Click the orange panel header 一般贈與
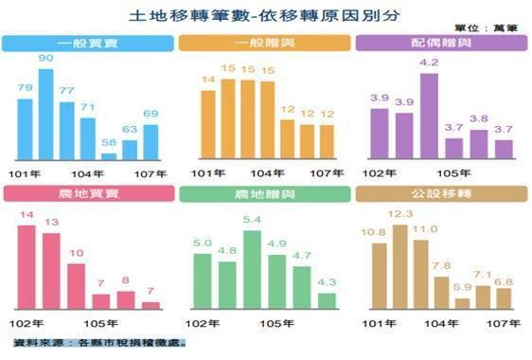pyautogui.click(x=263, y=44)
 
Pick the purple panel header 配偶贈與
pyautogui.click(x=440, y=44)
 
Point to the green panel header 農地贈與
pyautogui.click(x=263, y=193)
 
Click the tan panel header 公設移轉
pyautogui.click(x=440, y=193)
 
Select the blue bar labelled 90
pyautogui.click(x=45, y=115)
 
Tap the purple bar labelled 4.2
pyautogui.click(x=428, y=117)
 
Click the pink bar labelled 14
pyautogui.click(x=27, y=266)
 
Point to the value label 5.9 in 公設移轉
pyautogui.click(x=463, y=287)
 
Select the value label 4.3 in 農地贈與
pyautogui.click(x=326, y=281)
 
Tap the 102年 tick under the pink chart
pyautogui.click(x=25, y=323)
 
